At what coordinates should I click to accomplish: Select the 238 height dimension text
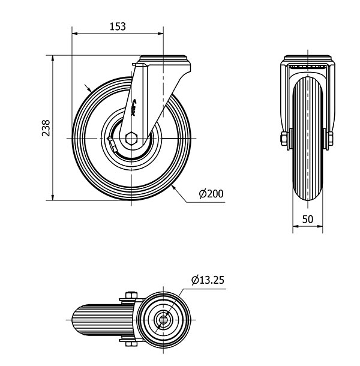pos(46,128)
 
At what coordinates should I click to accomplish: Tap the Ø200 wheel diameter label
pos(211,193)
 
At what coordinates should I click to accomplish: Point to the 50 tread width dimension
pos(307,219)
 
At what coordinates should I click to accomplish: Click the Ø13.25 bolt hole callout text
pos(209,281)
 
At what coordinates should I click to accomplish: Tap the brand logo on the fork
pos(134,108)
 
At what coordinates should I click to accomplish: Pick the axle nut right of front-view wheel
pos(331,139)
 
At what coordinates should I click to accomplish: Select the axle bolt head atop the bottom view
pos(131,295)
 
